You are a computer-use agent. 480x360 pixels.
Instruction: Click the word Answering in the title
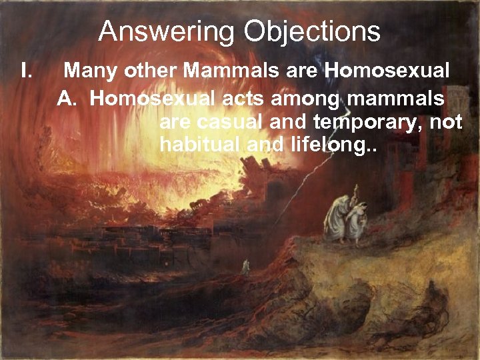167,32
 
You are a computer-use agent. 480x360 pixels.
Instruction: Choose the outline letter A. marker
67,99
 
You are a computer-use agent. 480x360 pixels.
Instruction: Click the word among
311,99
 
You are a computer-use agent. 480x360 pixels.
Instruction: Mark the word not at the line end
446,123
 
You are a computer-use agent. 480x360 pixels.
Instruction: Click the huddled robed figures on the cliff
347,217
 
